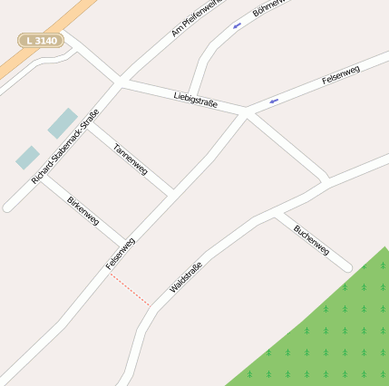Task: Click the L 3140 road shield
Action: [40, 41]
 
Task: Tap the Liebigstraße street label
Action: [195, 99]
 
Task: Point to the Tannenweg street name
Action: [131, 159]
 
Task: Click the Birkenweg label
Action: [83, 211]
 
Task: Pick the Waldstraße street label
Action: [186, 277]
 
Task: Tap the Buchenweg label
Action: [311, 239]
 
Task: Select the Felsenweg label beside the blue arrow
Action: [341, 74]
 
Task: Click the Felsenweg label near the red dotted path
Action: [120, 254]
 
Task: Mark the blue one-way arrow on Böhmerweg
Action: [237, 25]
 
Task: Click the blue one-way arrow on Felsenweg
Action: [273, 100]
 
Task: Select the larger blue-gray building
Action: [63, 122]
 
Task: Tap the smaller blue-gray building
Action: [27, 158]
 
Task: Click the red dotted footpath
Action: [130, 290]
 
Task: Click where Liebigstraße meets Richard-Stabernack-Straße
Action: [121, 82]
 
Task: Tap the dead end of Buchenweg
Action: [345, 266]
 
